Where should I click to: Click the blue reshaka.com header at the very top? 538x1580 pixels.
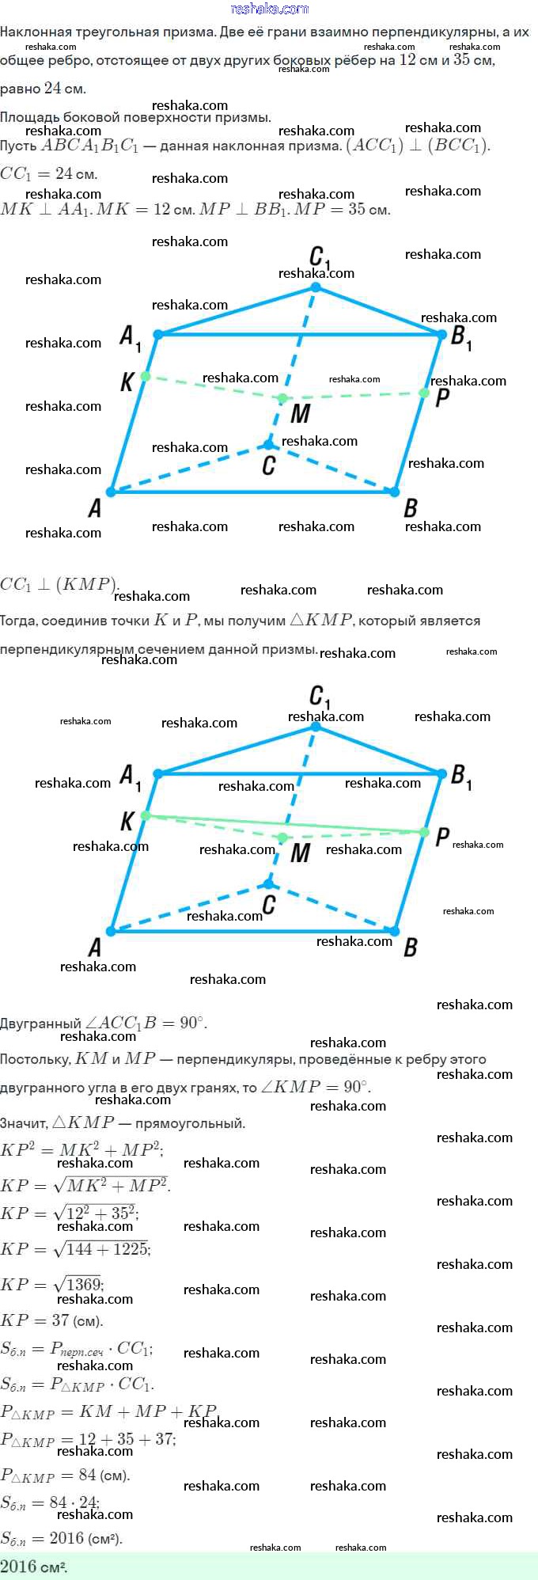pos(269,9)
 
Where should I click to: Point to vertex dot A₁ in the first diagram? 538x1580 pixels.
pos(157,335)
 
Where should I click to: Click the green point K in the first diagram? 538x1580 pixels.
pos(145,376)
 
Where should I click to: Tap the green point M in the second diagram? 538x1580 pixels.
pos(282,837)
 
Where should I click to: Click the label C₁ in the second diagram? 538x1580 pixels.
pos(320,697)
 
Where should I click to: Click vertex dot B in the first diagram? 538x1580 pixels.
pos(395,492)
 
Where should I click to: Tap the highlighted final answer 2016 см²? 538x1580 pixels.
pos(34,1567)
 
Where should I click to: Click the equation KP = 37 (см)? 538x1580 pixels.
pos(51,1320)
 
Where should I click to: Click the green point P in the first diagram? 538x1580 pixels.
pos(424,393)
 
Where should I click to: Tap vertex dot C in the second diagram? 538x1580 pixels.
pos(269,883)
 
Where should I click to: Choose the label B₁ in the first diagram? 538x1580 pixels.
pos(461,337)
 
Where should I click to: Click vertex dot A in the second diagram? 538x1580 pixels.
pos(111,931)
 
